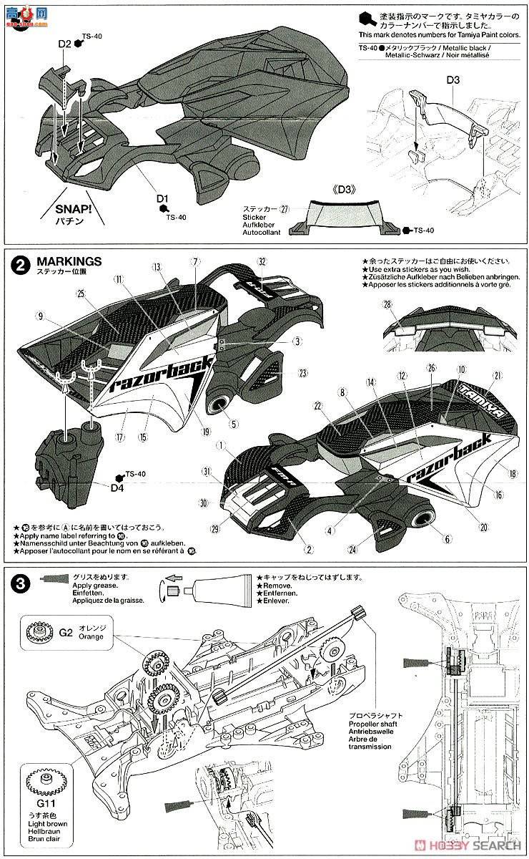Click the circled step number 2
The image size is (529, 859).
pyautogui.click(x=21, y=265)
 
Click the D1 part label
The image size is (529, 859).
pyautogui.click(x=162, y=198)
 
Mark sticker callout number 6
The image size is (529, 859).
pyautogui.click(x=449, y=538)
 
